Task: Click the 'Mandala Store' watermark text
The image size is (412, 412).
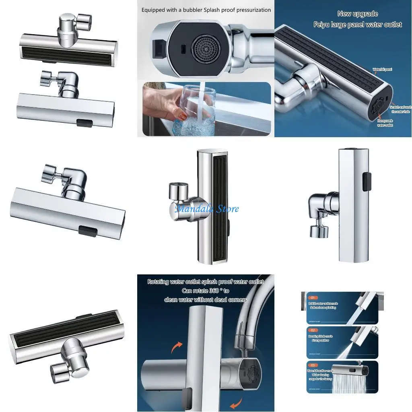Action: tap(207, 208)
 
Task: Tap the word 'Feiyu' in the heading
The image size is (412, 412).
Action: tap(323, 25)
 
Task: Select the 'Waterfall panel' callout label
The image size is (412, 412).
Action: tap(382, 70)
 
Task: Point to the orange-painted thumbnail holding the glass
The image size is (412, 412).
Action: tap(182, 117)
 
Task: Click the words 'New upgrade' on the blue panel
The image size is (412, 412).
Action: tap(357, 14)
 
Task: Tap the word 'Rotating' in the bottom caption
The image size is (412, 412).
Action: tap(161, 282)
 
